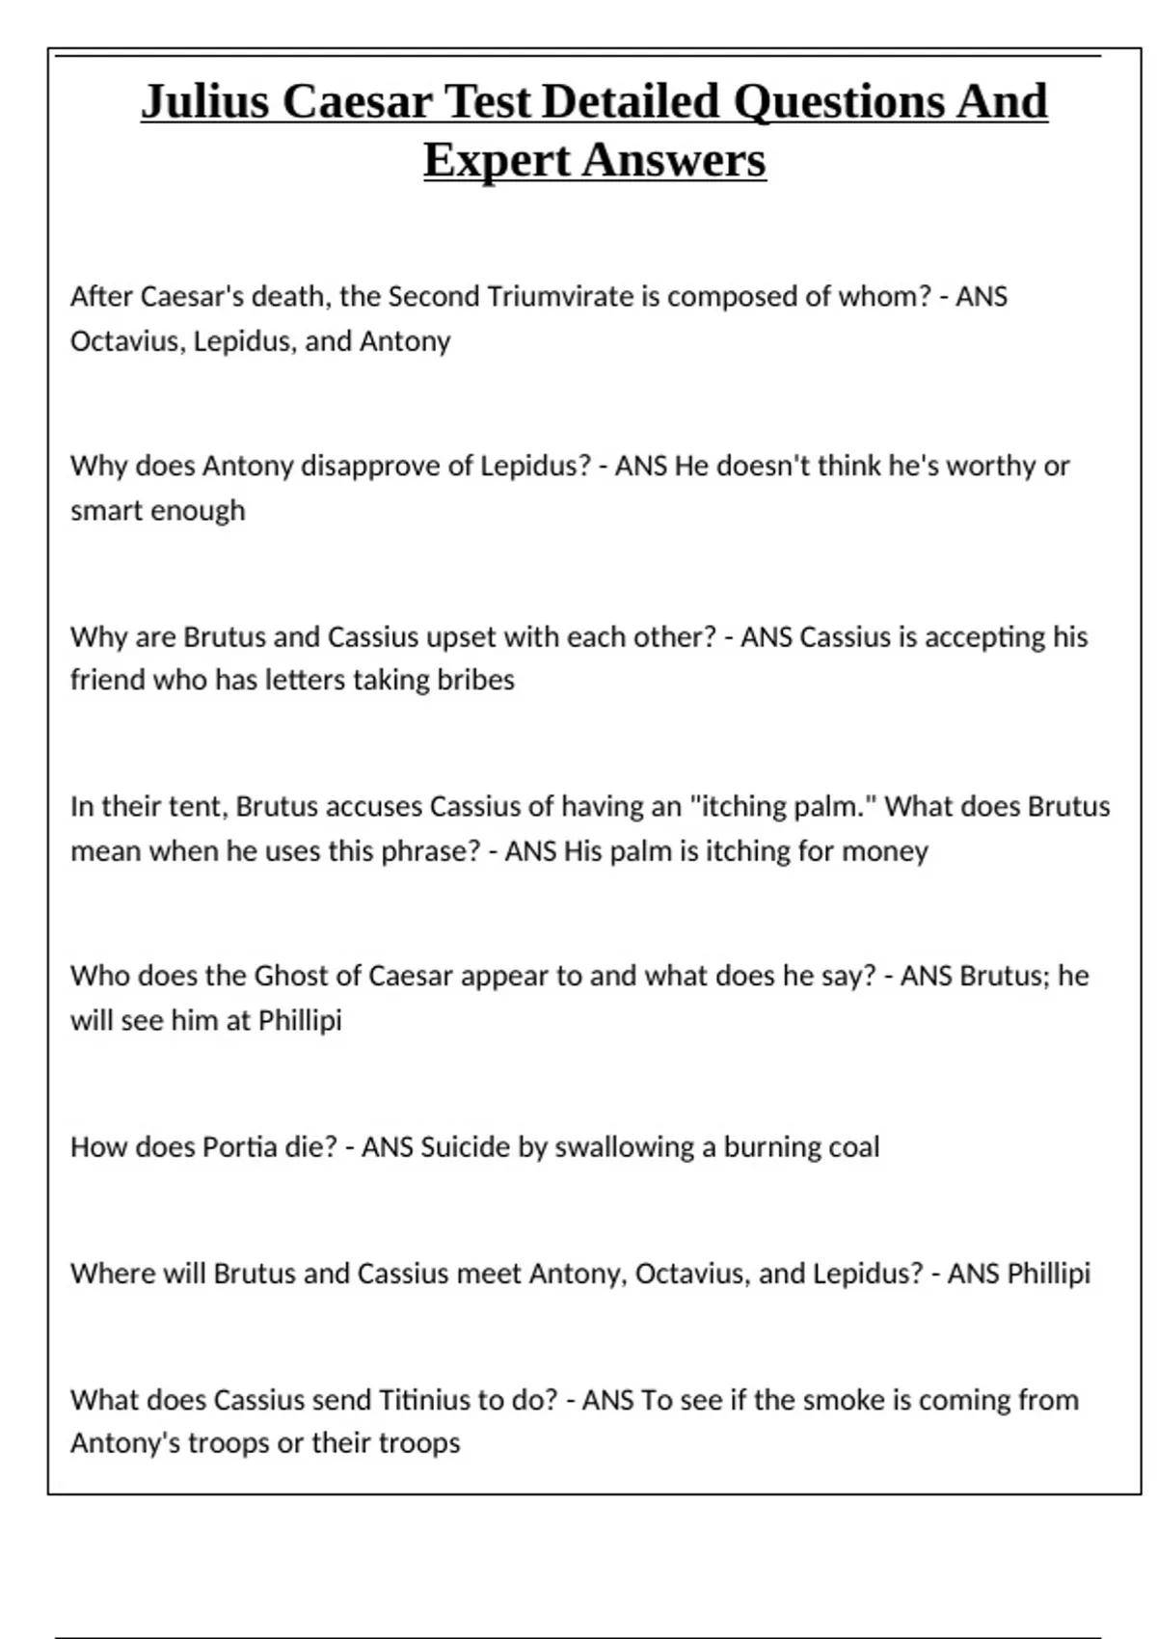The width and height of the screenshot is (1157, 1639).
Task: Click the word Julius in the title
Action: click(205, 101)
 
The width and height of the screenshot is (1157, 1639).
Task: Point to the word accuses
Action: click(374, 806)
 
